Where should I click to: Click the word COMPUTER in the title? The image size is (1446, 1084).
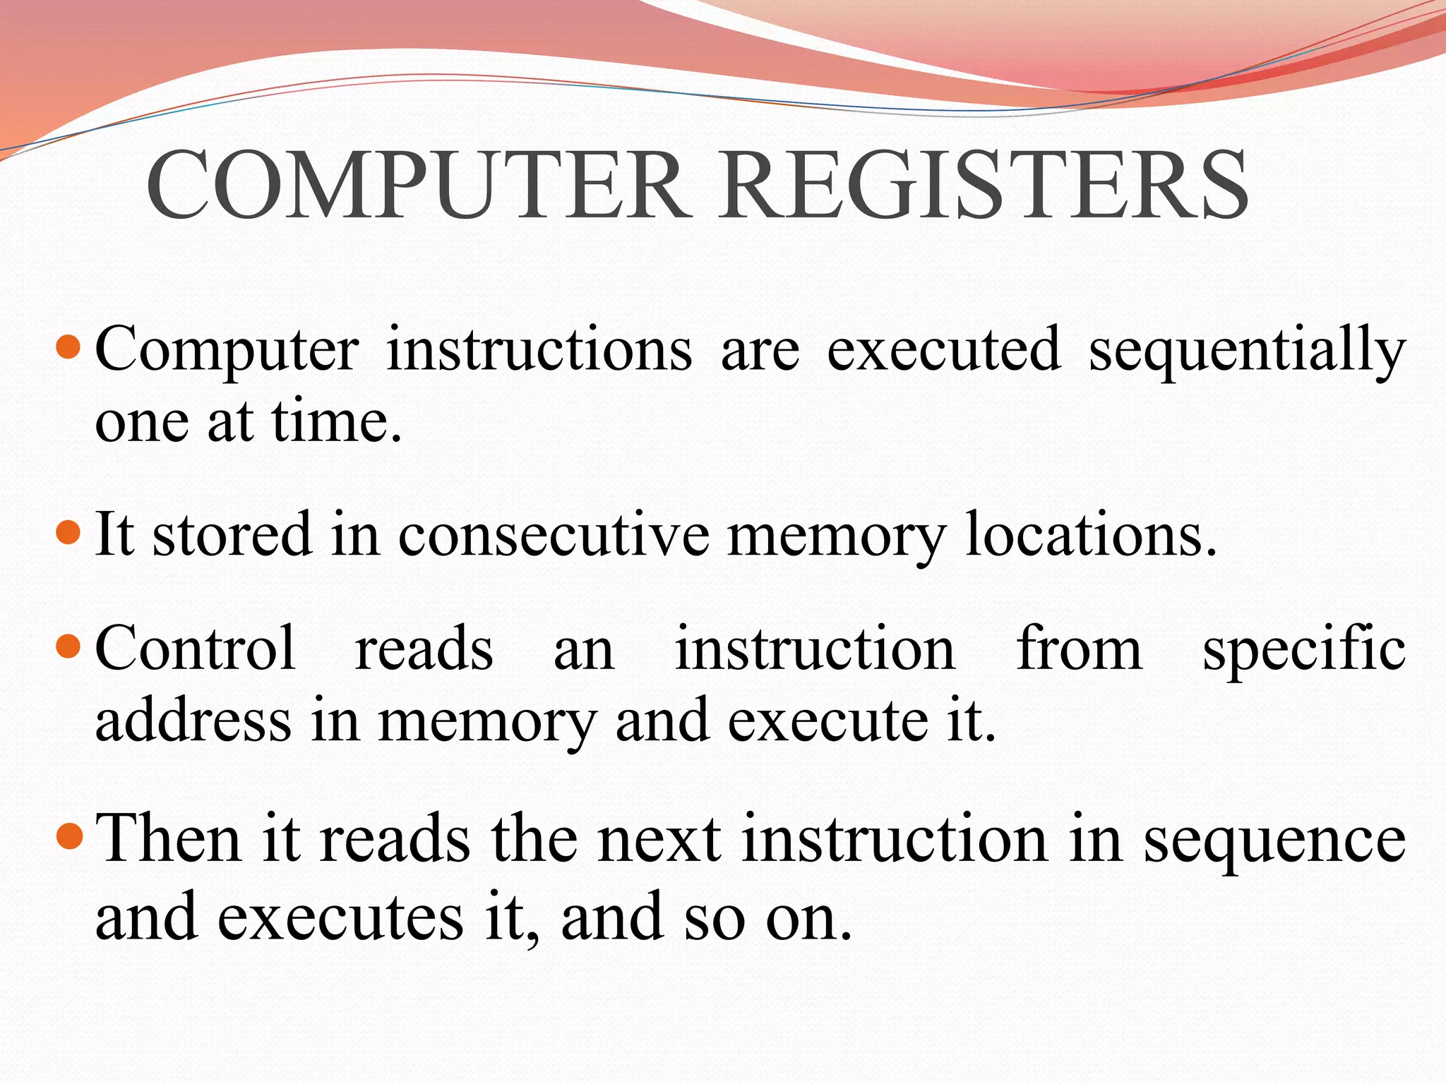(417, 185)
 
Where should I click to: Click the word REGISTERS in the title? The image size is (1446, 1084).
(984, 185)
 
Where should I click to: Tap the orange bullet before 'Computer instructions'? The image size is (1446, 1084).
(68, 347)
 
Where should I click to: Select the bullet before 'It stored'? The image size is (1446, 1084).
(68, 531)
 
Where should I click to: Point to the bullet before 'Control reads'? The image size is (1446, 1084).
(68, 646)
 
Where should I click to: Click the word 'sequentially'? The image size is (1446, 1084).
(1247, 351)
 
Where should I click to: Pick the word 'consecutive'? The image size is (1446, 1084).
(554, 535)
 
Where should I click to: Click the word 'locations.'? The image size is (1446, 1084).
(1091, 535)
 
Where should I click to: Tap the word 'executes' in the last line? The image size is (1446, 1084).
(340, 917)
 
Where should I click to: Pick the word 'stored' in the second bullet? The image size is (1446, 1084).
(232, 535)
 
